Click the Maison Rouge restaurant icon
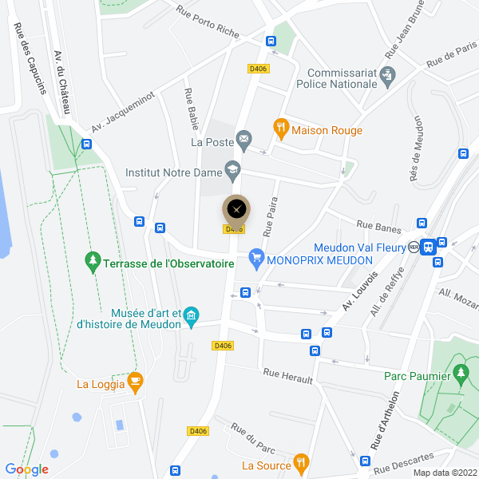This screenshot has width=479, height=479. tap(280, 126)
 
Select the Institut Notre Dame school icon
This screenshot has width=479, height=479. tap(232, 168)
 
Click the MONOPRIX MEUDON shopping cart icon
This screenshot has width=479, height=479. tap(256, 257)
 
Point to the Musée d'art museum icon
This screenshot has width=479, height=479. tap(192, 317)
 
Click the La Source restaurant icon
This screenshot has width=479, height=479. tap(300, 461)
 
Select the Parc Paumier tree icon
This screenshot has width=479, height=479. tap(460, 372)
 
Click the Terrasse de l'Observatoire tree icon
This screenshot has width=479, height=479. tap(93, 260)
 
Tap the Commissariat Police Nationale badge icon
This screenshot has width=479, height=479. tap(388, 76)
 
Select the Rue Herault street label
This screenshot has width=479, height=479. tap(287, 375)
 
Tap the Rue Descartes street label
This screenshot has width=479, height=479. tap(403, 463)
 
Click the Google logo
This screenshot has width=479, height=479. tap(26, 469)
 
